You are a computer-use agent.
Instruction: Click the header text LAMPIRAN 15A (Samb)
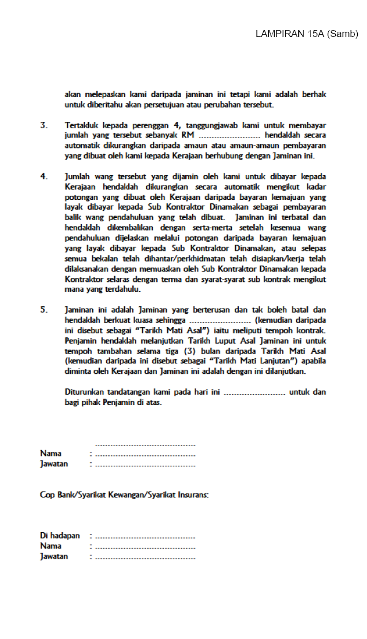click(307, 34)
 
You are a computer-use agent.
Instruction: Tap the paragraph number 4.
click(44, 176)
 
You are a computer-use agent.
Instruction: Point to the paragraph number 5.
click(44, 310)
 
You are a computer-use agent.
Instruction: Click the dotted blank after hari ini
click(254, 392)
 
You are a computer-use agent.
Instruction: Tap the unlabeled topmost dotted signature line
click(145, 445)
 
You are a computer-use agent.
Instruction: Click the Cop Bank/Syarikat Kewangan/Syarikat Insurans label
click(124, 495)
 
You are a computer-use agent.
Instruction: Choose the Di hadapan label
click(60, 536)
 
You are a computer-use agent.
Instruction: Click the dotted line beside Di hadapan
click(145, 537)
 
